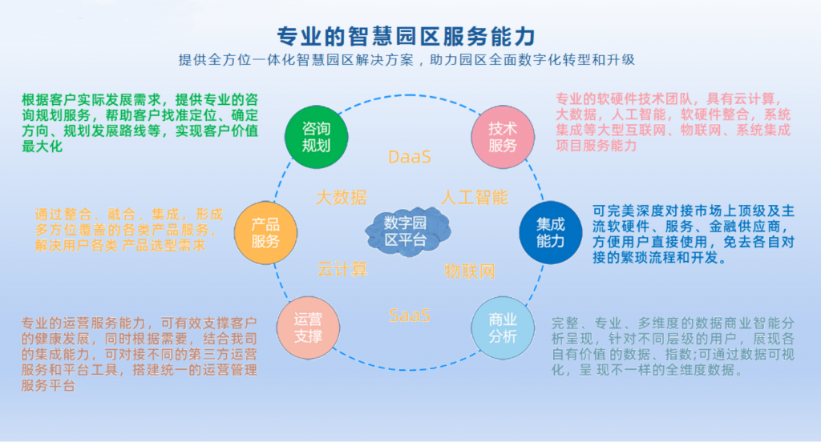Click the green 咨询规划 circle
point(316,137)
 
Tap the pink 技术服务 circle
point(503,137)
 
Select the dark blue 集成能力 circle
point(550,233)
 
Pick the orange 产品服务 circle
point(265,233)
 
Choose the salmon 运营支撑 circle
point(308,328)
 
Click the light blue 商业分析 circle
point(503,328)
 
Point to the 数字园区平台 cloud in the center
point(408,231)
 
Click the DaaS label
point(410,157)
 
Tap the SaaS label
point(410,315)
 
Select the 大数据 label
point(342,198)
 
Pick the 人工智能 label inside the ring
point(475,198)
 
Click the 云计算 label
point(342,269)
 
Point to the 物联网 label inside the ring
point(470,271)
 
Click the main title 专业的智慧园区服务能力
point(406,37)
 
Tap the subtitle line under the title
point(406,60)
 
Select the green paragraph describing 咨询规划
point(140,123)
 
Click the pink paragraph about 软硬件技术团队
point(673,122)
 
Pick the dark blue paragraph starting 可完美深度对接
point(694,235)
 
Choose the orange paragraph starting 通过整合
point(129,230)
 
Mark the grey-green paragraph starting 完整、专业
point(673,346)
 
